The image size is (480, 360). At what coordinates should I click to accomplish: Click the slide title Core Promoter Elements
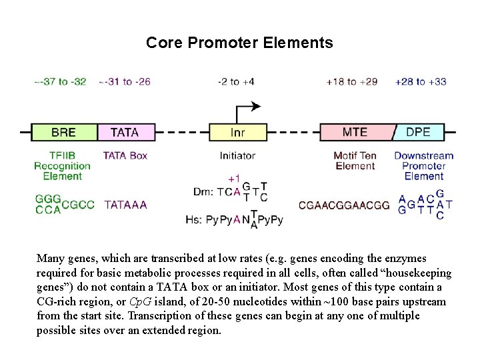[x=239, y=43]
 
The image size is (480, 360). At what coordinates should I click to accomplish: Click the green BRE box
[x=64, y=132]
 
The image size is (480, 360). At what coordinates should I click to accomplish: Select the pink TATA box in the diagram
[x=125, y=132]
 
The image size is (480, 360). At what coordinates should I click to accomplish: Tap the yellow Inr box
[x=238, y=132]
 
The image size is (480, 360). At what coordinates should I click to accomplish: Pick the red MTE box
[x=355, y=131]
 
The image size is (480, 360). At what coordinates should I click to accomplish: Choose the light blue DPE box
[x=419, y=132]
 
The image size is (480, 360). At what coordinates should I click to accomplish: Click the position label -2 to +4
[x=236, y=82]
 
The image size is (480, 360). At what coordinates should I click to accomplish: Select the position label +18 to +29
[x=351, y=82]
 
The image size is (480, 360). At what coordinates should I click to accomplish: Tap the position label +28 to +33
[x=421, y=82]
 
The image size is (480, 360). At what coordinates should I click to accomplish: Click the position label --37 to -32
[x=61, y=82]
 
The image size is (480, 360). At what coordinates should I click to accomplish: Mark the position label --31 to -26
[x=125, y=82]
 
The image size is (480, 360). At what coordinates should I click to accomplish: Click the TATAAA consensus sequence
[x=125, y=205]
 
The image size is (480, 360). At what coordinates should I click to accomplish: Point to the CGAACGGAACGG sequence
[x=344, y=205]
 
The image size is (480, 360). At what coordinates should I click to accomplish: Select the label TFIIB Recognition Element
[x=62, y=165]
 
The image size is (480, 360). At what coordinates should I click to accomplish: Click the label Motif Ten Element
[x=355, y=161]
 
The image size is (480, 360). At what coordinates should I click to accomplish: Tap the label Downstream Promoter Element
[x=423, y=165]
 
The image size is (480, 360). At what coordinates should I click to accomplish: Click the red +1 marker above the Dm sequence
[x=234, y=178]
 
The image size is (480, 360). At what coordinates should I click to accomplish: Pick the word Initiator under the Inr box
[x=237, y=155]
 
